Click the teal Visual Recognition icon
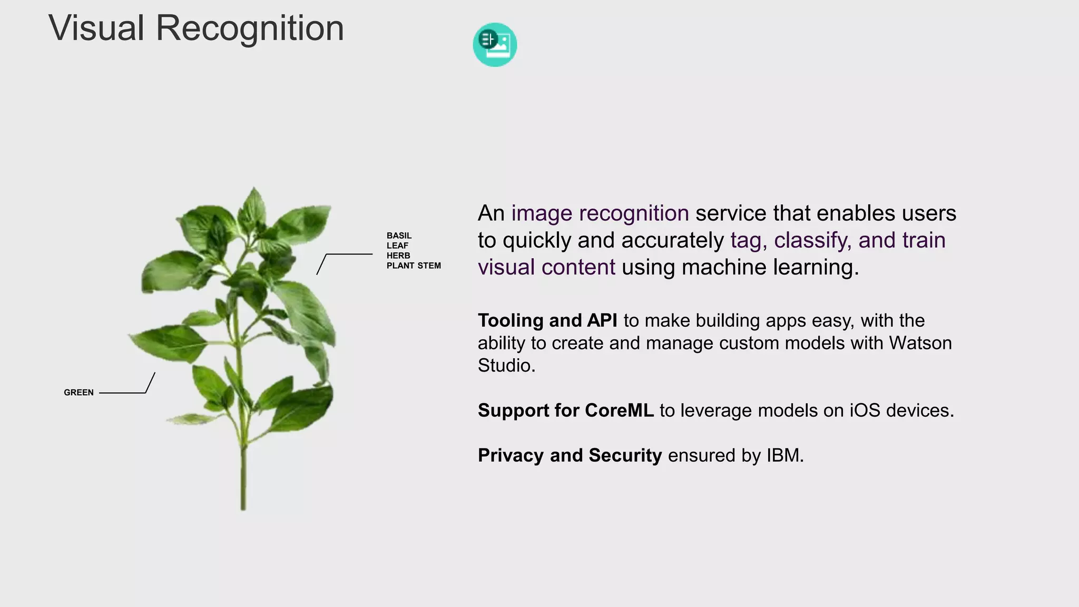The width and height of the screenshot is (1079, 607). (495, 45)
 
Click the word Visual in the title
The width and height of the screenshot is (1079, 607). (96, 28)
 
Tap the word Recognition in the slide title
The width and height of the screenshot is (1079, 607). (250, 28)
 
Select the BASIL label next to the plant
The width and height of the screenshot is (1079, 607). (399, 236)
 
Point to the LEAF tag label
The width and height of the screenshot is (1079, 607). (397, 246)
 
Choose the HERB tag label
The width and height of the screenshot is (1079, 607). (398, 256)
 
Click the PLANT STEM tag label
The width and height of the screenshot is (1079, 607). (414, 266)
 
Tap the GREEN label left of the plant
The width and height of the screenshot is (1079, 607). (79, 393)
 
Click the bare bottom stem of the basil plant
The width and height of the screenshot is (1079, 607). (243, 479)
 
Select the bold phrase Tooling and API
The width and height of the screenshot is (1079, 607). (547, 320)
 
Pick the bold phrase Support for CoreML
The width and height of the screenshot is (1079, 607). (565, 410)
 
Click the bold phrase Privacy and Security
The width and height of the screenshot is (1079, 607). (570, 455)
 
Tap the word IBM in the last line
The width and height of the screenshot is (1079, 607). (784, 455)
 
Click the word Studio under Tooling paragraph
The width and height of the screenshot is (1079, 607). (506, 365)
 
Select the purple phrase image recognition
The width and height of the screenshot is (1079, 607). (600, 213)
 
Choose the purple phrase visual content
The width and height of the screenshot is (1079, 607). (546, 267)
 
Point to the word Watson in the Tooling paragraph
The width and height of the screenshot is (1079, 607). (920, 343)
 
